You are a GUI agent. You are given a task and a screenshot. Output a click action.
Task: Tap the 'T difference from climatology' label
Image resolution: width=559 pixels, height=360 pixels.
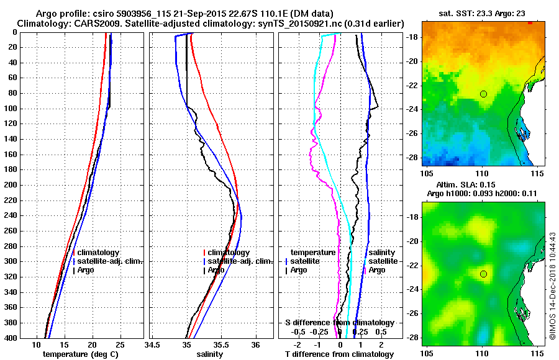[x=339, y=354]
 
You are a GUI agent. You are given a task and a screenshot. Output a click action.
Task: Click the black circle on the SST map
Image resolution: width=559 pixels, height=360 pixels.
[x=483, y=94]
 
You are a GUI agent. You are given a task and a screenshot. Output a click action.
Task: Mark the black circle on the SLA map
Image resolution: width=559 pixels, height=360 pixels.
[x=483, y=274]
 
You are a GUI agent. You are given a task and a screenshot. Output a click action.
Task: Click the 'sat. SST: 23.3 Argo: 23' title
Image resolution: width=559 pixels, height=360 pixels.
[x=482, y=14]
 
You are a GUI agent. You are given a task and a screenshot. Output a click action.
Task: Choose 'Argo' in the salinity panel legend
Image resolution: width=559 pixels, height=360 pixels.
[x=216, y=270]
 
